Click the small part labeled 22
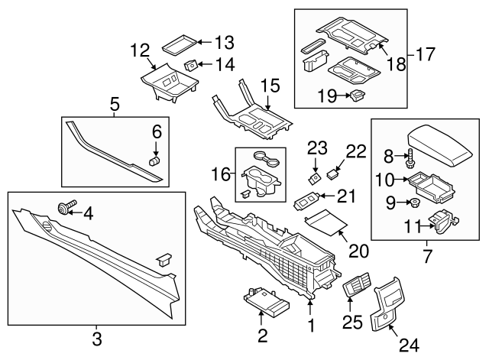(332, 174)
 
